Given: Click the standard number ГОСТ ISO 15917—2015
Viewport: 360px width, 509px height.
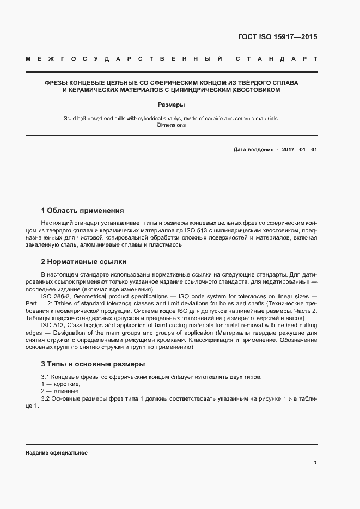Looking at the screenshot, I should pyautogui.click(x=278, y=38).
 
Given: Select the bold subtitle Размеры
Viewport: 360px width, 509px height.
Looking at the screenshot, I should pyautogui.click(x=171, y=105).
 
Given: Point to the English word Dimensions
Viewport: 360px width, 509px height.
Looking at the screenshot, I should pyautogui.click(x=171, y=125).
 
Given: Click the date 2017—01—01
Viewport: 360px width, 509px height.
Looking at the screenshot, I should pyautogui.click(x=298, y=149).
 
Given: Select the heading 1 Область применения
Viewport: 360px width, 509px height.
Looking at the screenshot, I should pyautogui.click(x=82, y=210).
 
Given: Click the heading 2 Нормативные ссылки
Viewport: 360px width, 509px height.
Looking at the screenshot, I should pyautogui.click(x=83, y=261).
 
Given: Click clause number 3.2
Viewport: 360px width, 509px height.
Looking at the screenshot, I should pyautogui.click(x=46, y=398).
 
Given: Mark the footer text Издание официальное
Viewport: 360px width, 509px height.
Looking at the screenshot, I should pyautogui.click(x=56, y=453).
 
